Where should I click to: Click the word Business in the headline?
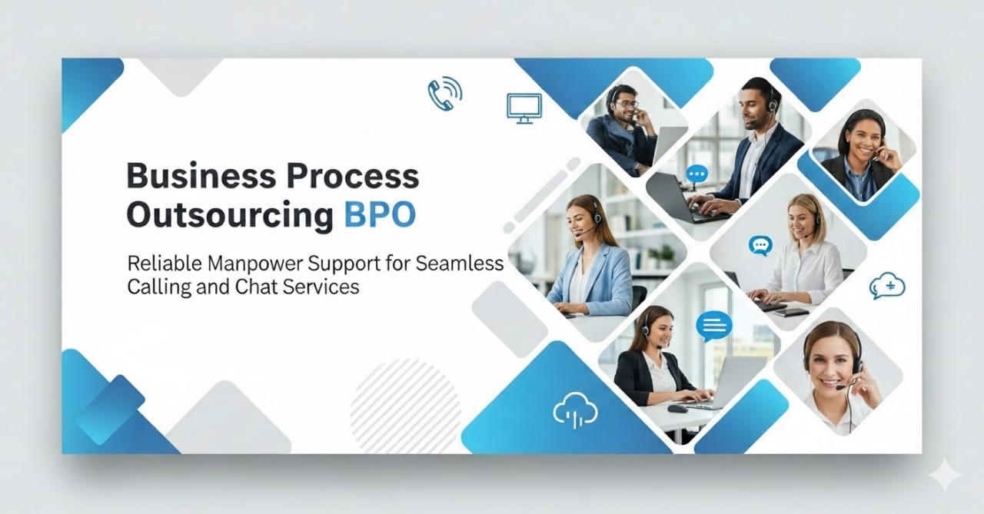pyautogui.click(x=201, y=176)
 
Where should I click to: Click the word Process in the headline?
pyautogui.click(x=353, y=176)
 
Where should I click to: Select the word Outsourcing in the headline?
pyautogui.click(x=230, y=215)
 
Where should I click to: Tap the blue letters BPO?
pyautogui.click(x=380, y=214)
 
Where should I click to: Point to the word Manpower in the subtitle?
pyautogui.click(x=255, y=264)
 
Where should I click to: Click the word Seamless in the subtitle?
pyautogui.click(x=460, y=264)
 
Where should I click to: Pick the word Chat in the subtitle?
pyautogui.click(x=254, y=287)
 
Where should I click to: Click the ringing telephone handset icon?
pyautogui.click(x=444, y=93)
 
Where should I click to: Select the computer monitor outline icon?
pyautogui.click(x=524, y=108)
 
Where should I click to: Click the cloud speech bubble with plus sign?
pyautogui.click(x=887, y=286)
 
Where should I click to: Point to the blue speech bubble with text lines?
pyautogui.click(x=714, y=326)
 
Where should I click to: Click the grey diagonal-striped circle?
pyautogui.click(x=405, y=406)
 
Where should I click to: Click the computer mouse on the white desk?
pyautogui.click(x=677, y=409)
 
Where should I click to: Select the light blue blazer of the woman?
pyautogui.click(x=592, y=281)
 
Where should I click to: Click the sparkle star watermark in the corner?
pyautogui.click(x=945, y=475)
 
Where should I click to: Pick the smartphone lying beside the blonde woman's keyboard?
pyautogui.click(x=791, y=312)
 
